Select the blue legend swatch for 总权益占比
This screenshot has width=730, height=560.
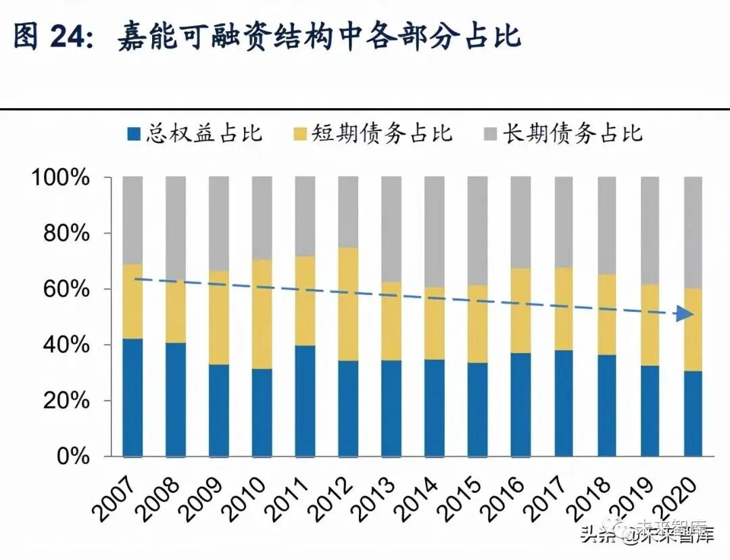point(133,133)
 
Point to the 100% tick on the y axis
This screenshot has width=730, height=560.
point(62,178)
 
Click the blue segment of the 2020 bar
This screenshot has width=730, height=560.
point(693,414)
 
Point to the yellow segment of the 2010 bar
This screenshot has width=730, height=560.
point(262,314)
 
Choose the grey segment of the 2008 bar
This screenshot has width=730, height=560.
point(176,227)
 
